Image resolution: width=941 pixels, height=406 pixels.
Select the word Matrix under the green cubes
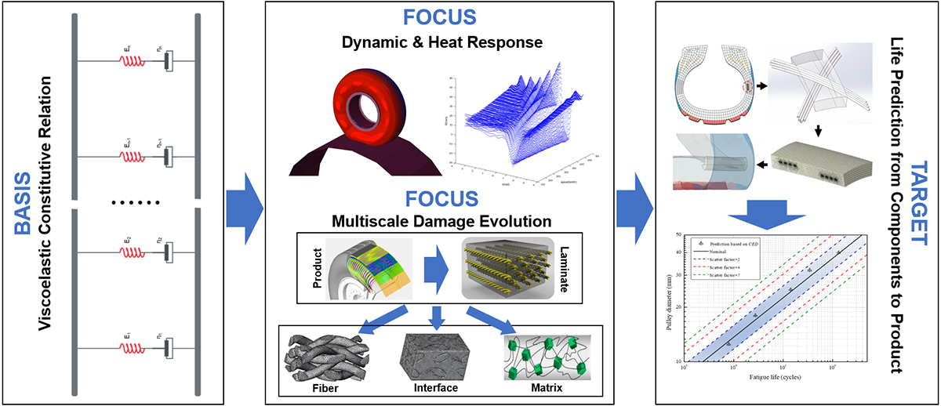pyautogui.click(x=545, y=387)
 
